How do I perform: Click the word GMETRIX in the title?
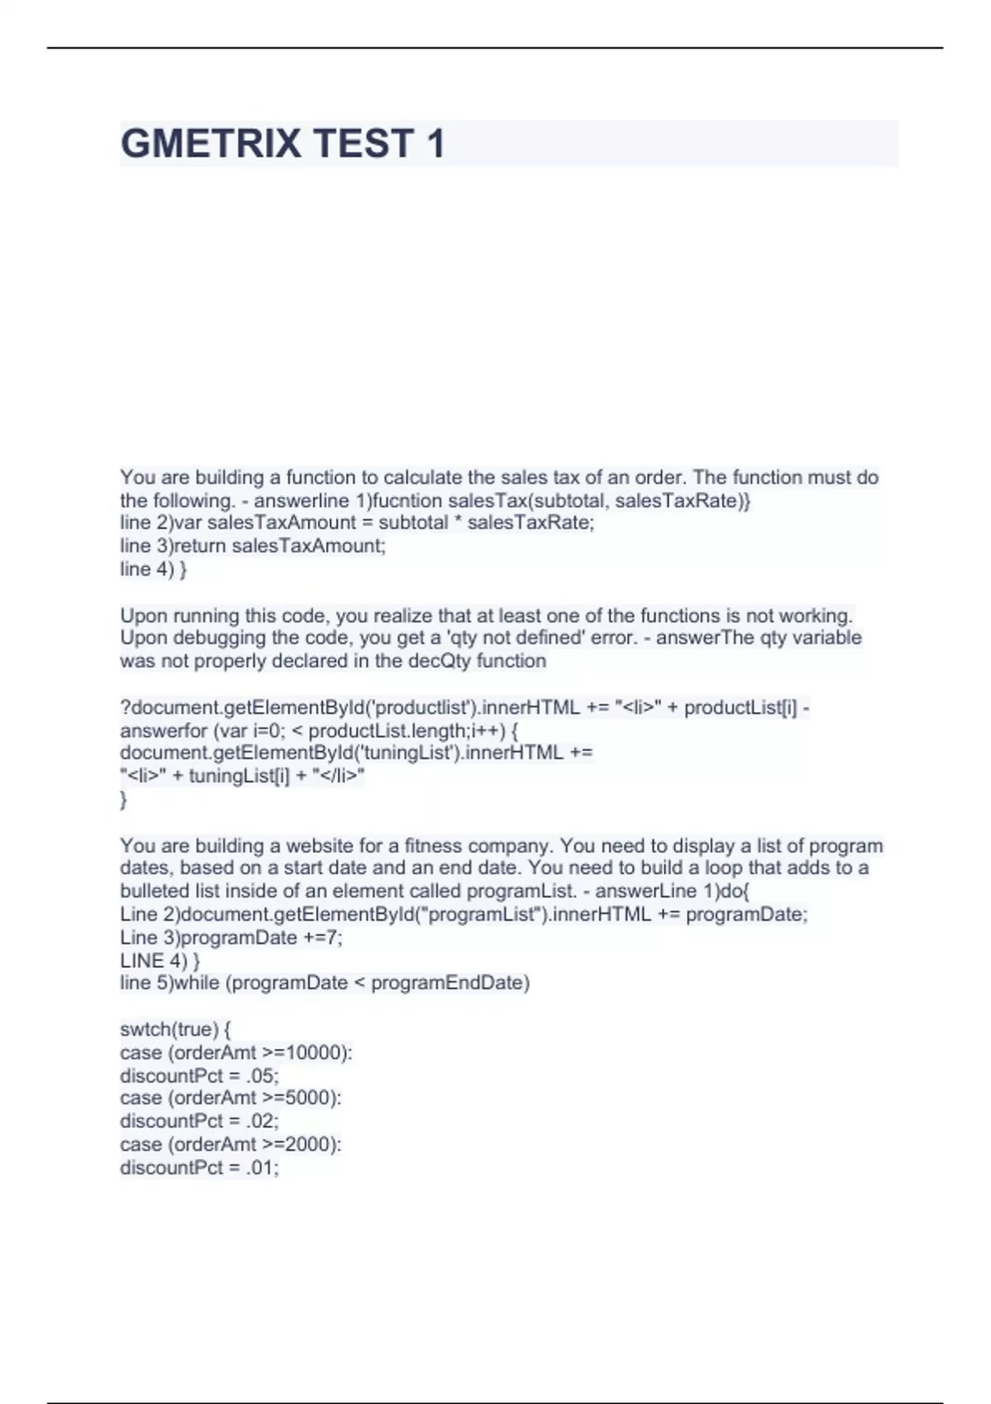tap(211, 144)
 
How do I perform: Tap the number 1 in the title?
tap(434, 144)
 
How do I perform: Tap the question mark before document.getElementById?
tap(126, 708)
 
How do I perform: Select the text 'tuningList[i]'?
tap(239, 776)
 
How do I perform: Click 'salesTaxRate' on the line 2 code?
tap(529, 523)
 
